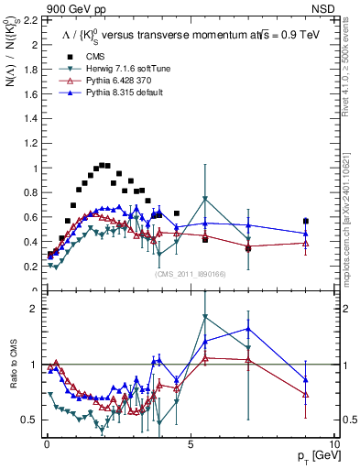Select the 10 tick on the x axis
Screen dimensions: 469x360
(334, 443)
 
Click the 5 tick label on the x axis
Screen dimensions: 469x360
(190, 443)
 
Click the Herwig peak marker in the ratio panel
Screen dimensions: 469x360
(205, 317)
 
